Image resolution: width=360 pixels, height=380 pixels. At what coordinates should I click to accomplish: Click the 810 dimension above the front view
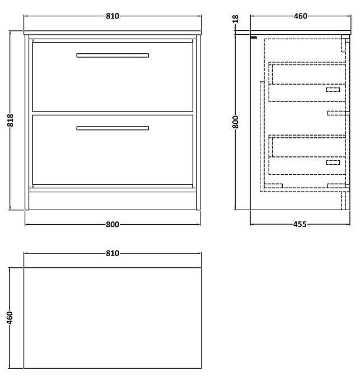click(113, 16)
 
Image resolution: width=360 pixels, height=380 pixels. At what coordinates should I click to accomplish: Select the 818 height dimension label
click(11, 120)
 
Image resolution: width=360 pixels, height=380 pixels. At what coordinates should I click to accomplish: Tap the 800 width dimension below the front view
click(113, 224)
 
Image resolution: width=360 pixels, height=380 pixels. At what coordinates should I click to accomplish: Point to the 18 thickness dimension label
click(235, 18)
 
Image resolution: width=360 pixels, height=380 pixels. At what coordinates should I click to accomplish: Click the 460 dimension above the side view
click(301, 16)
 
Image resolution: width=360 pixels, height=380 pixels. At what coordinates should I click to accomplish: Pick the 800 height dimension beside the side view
click(235, 122)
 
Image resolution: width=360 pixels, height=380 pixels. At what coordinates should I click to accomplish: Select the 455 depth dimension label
click(300, 224)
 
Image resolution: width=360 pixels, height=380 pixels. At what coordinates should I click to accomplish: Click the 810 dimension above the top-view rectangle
click(113, 253)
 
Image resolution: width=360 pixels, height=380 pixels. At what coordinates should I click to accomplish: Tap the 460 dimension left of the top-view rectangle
click(10, 318)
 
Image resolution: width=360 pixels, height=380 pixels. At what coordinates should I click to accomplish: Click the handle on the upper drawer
click(113, 55)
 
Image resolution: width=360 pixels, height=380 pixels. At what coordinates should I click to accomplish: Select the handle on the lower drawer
click(113, 128)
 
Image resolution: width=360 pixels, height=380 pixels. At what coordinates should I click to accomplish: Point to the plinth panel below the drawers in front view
click(113, 201)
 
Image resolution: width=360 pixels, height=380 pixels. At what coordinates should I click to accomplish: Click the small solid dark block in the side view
click(254, 38)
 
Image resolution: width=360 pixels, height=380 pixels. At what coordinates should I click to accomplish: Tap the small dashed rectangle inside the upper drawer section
click(333, 90)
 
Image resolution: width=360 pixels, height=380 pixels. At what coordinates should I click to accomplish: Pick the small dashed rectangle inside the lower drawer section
click(333, 163)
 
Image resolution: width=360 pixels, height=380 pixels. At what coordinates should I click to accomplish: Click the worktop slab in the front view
click(113, 33)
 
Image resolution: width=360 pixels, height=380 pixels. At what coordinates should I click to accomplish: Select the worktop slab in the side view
click(301, 33)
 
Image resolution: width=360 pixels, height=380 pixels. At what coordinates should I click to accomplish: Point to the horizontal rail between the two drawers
click(113, 113)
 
